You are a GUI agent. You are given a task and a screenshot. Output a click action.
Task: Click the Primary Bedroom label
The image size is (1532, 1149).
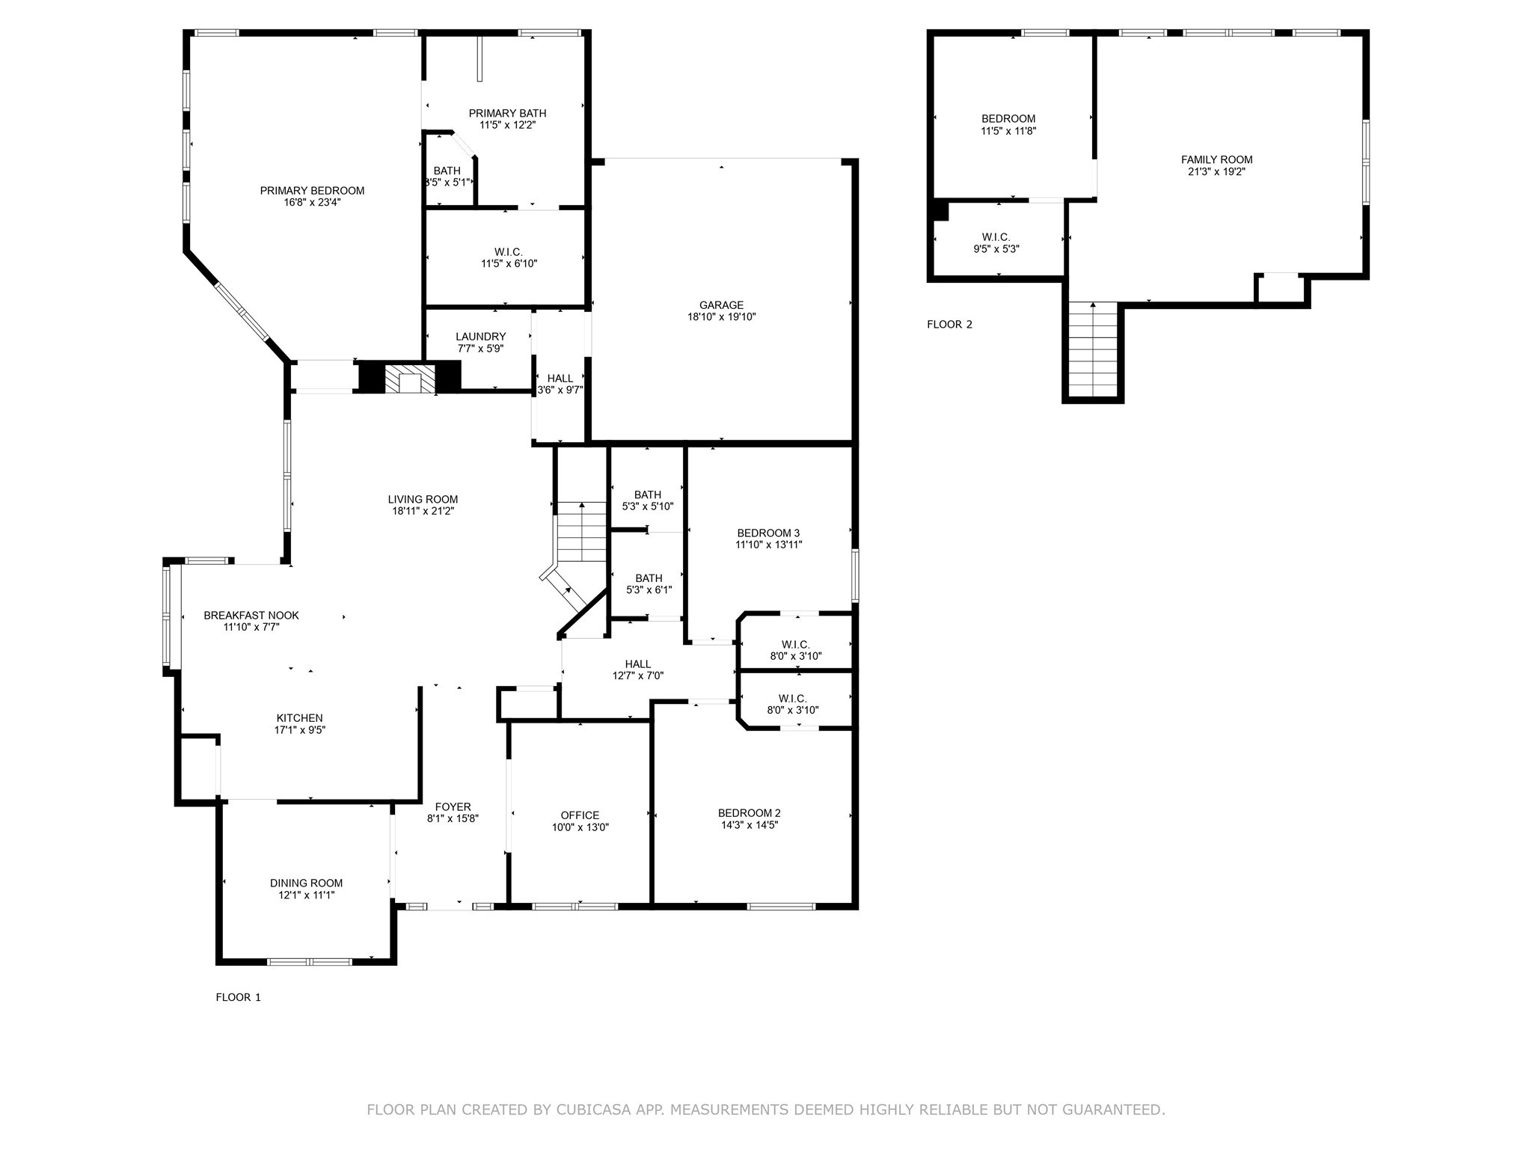click(x=312, y=191)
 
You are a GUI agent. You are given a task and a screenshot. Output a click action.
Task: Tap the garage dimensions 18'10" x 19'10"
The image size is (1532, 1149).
click(x=721, y=317)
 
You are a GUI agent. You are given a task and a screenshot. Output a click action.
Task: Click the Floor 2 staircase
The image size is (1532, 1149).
click(x=1093, y=349)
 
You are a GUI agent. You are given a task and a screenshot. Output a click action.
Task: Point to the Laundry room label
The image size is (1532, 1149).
click(x=480, y=337)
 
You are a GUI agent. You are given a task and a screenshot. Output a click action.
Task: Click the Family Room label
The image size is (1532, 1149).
click(x=1216, y=159)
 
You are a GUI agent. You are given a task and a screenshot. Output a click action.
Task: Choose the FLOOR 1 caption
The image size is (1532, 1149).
click(x=238, y=997)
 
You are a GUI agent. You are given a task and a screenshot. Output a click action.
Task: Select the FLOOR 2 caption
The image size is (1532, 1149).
click(x=949, y=325)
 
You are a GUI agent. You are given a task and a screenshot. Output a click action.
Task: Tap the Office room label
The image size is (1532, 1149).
click(x=580, y=815)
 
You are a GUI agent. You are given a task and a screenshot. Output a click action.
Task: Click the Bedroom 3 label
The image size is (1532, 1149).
click(x=768, y=533)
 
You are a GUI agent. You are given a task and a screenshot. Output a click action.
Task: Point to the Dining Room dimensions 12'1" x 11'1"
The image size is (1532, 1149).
click(x=306, y=895)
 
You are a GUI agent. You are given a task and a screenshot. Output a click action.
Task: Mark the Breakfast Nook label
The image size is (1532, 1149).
click(x=251, y=616)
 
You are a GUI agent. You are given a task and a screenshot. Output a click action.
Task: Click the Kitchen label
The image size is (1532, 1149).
click(x=299, y=718)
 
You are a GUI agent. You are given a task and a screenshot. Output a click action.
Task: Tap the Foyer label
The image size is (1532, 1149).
click(x=453, y=806)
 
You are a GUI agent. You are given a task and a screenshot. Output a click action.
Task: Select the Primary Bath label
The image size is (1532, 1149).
click(x=507, y=114)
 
